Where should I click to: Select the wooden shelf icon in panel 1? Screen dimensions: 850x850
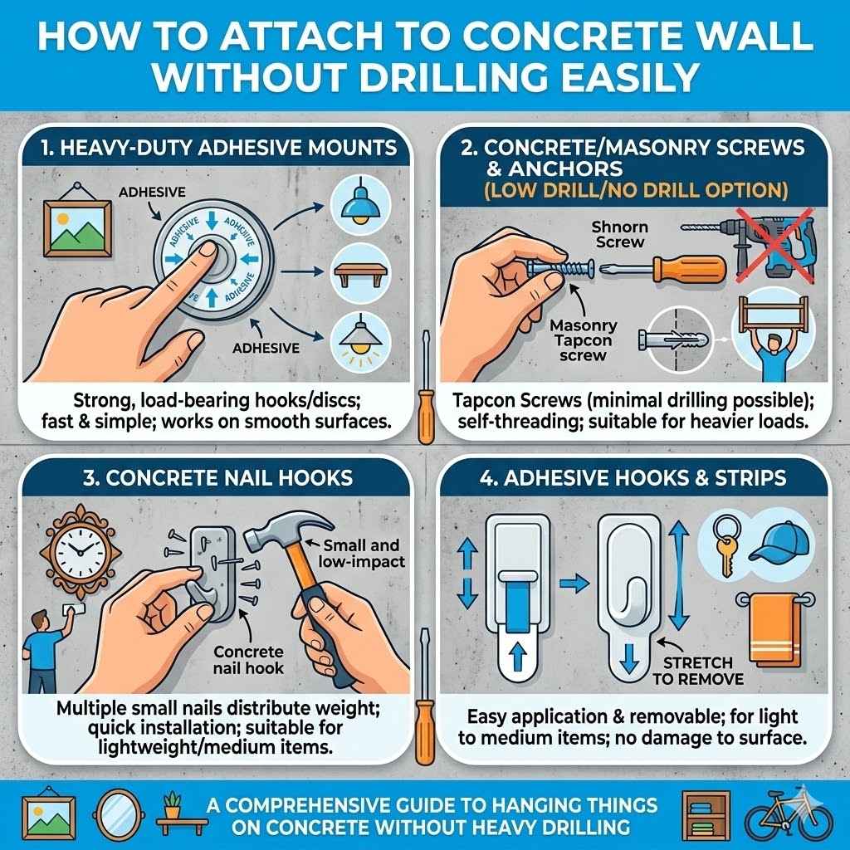pos(359,273)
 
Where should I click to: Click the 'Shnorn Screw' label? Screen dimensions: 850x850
pos(620,233)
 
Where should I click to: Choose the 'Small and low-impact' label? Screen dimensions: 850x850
pos(360,554)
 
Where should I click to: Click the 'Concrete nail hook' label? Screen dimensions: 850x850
pos(249,659)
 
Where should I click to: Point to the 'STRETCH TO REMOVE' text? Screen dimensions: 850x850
pos(697,672)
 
